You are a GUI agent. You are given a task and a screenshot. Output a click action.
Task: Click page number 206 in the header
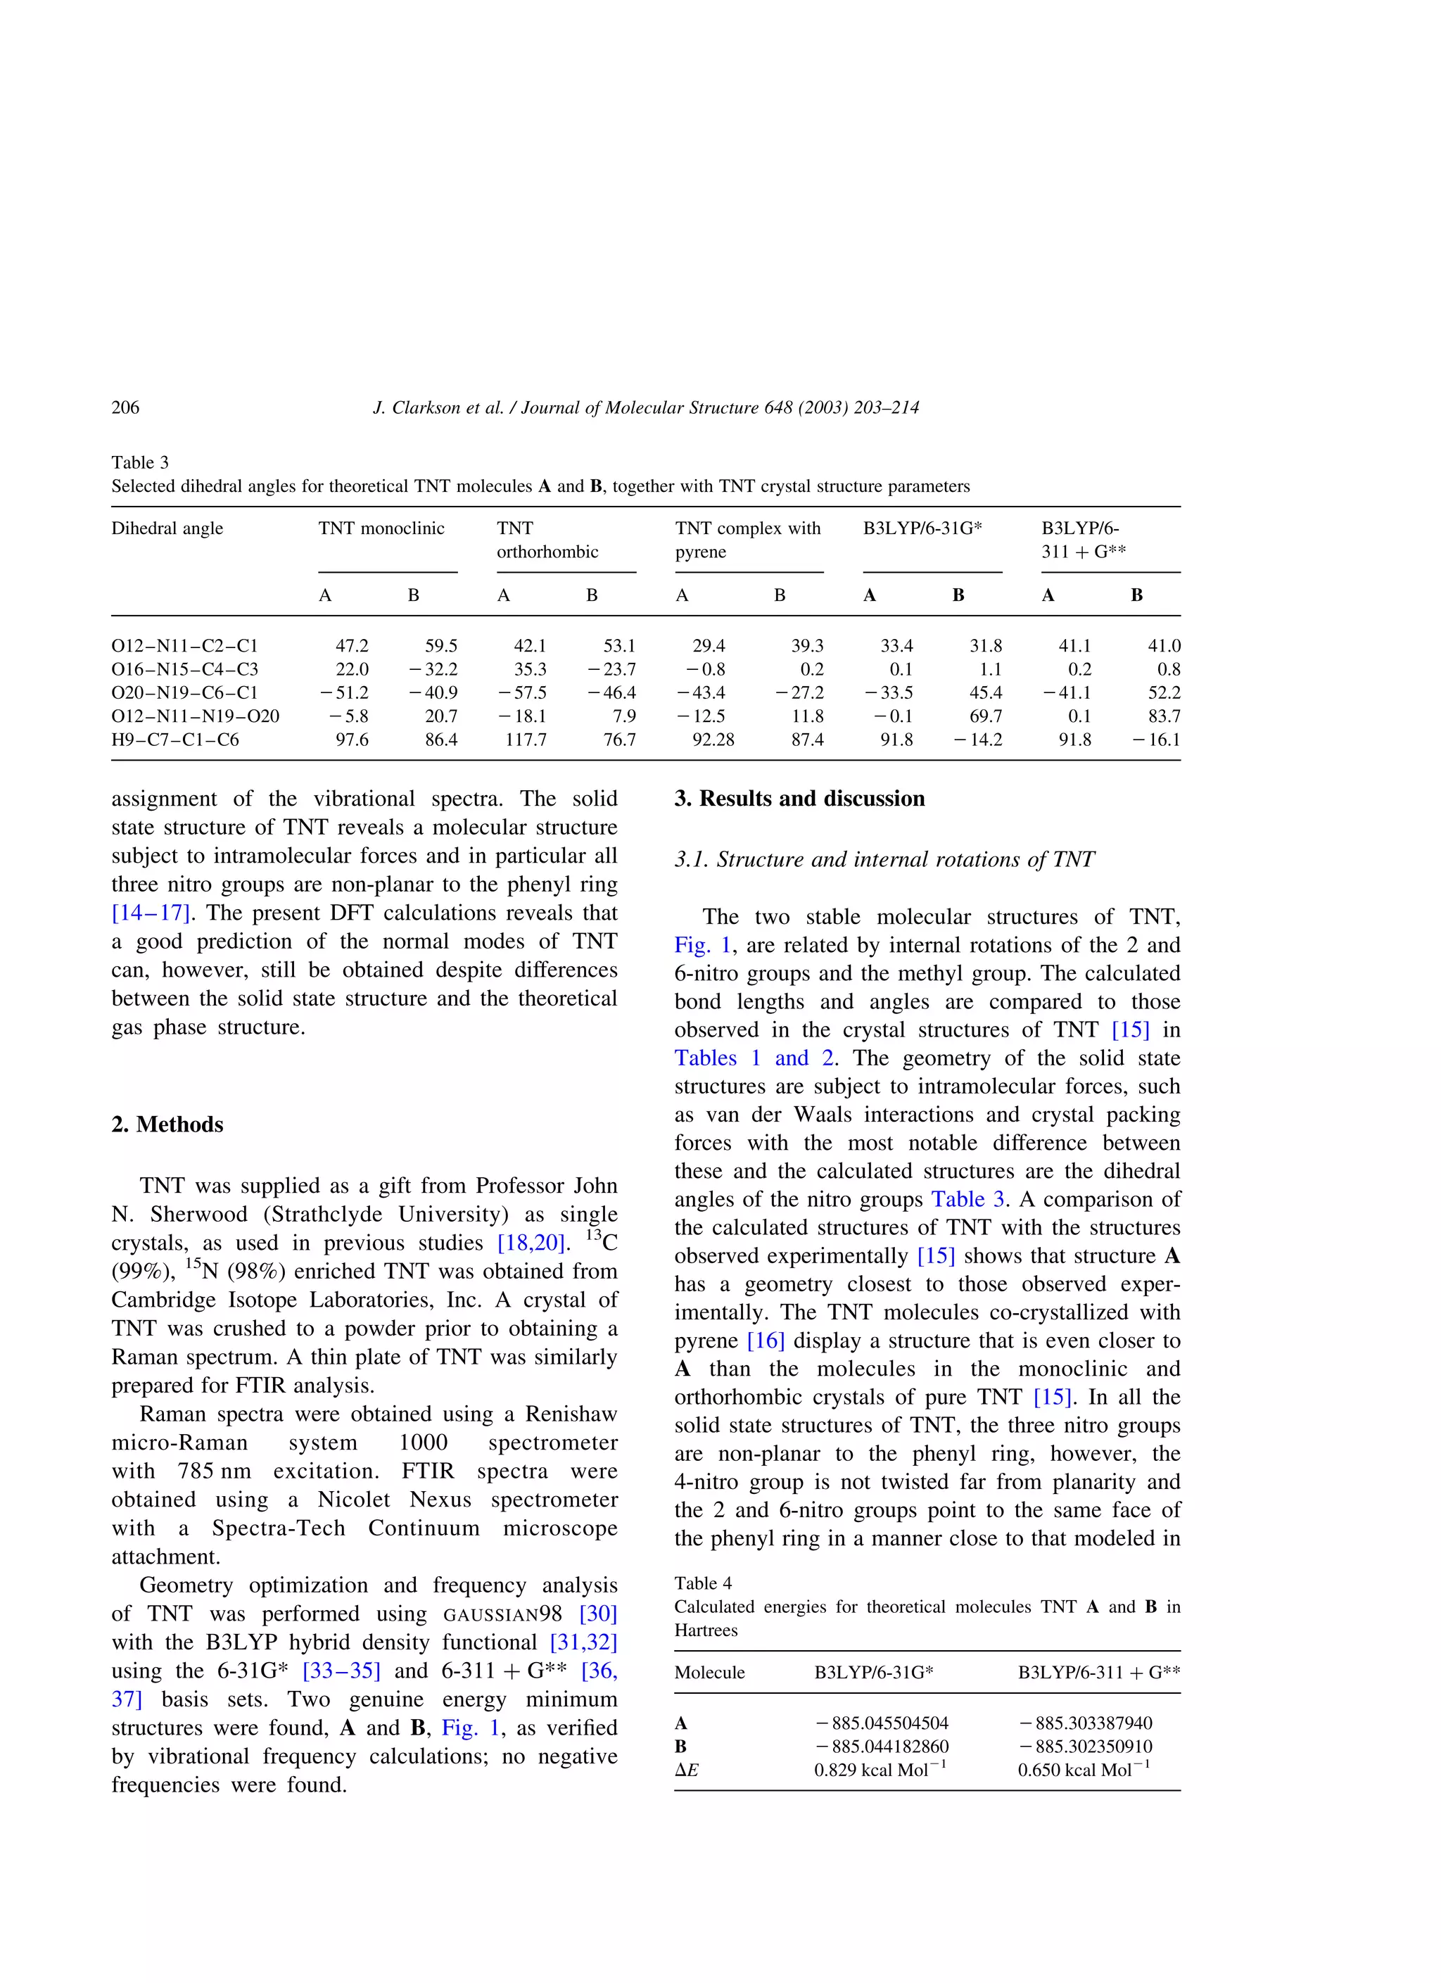click(x=125, y=407)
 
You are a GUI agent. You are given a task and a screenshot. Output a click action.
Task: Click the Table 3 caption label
click(x=140, y=462)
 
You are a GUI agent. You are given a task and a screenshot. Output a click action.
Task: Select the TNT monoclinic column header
click(x=381, y=528)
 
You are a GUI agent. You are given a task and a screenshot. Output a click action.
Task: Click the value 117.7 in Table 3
click(x=526, y=740)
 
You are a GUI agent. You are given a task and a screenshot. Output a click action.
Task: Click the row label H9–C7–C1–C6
click(x=175, y=740)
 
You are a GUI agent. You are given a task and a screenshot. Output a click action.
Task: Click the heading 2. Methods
click(x=167, y=1124)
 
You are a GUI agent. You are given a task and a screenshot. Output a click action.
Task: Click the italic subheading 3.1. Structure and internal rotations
click(x=883, y=859)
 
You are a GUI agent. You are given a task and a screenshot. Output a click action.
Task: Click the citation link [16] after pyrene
click(x=765, y=1341)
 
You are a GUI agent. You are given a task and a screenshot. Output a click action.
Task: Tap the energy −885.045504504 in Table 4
click(x=882, y=1723)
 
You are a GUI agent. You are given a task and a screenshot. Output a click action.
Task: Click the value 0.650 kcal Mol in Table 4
click(x=1082, y=1770)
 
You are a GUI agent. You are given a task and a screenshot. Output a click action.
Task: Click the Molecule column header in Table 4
click(x=709, y=1673)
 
